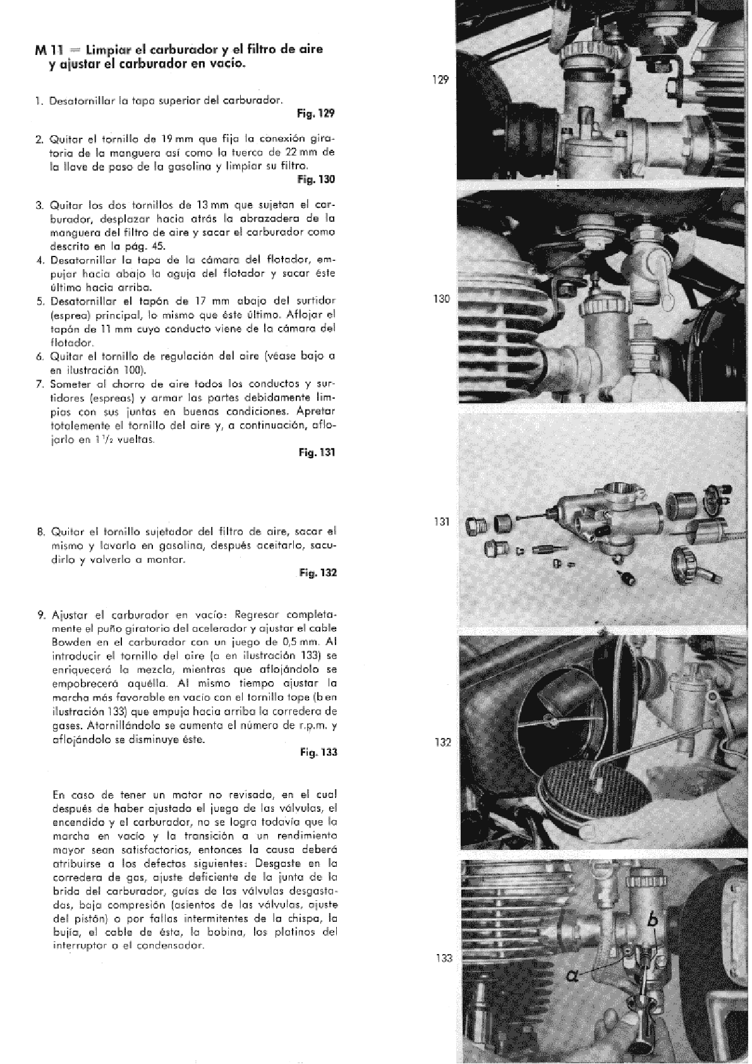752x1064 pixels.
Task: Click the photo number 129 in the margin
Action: pos(441,80)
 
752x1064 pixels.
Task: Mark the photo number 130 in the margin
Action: pos(441,299)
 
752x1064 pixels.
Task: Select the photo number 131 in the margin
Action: pos(442,522)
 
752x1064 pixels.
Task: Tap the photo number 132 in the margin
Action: pos(442,742)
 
